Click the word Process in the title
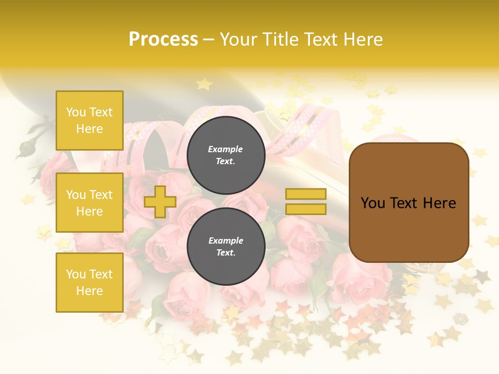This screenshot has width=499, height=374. (x=163, y=39)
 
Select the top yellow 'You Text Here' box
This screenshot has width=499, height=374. (x=89, y=121)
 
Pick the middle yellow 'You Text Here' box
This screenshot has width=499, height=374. (x=89, y=203)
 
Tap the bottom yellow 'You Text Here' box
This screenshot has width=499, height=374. (x=89, y=283)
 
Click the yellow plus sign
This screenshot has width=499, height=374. (x=160, y=202)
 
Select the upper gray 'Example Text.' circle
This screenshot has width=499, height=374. (x=226, y=155)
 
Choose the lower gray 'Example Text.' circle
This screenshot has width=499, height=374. (x=226, y=247)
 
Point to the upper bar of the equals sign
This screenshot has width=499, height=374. (x=306, y=194)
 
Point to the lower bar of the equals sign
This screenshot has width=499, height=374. (x=306, y=209)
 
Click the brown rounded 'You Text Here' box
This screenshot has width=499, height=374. (x=409, y=203)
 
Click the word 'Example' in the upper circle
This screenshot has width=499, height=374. (x=225, y=149)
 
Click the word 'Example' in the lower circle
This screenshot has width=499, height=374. (x=226, y=241)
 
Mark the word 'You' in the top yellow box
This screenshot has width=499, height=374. (x=76, y=112)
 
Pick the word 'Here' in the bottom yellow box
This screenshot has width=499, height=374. (x=89, y=291)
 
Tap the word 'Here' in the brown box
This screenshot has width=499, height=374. (x=439, y=203)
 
